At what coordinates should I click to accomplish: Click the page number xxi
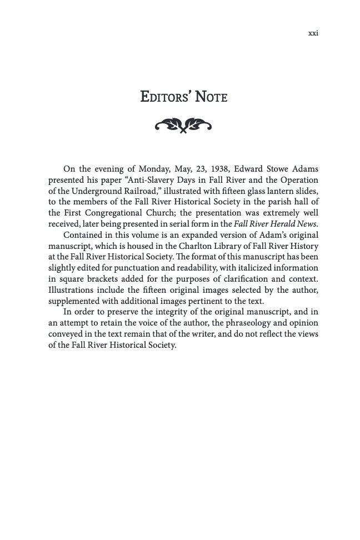point(313,33)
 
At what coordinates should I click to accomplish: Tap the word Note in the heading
point(211,97)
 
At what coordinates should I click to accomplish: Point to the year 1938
point(221,169)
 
